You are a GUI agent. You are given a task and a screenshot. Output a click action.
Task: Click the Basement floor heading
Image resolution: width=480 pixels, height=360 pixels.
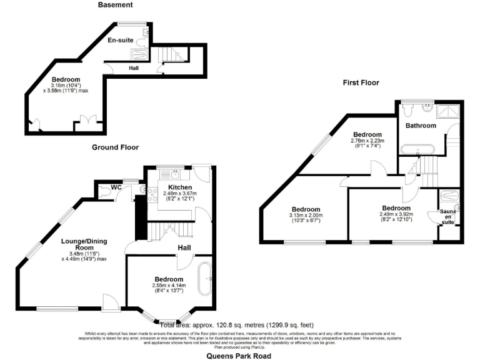[x=116, y=5]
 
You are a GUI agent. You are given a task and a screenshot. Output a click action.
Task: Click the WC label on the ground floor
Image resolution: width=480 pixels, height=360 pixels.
[x=116, y=187]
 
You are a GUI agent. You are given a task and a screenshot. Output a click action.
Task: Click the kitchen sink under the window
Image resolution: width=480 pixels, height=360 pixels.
[x=176, y=173]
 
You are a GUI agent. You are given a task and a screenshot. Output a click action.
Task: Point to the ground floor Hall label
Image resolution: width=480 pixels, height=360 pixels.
[x=184, y=248]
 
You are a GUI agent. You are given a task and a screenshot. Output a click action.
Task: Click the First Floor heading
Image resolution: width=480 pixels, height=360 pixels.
[x=360, y=82]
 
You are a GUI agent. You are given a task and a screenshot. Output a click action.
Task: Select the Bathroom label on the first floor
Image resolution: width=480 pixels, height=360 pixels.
[x=421, y=126]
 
